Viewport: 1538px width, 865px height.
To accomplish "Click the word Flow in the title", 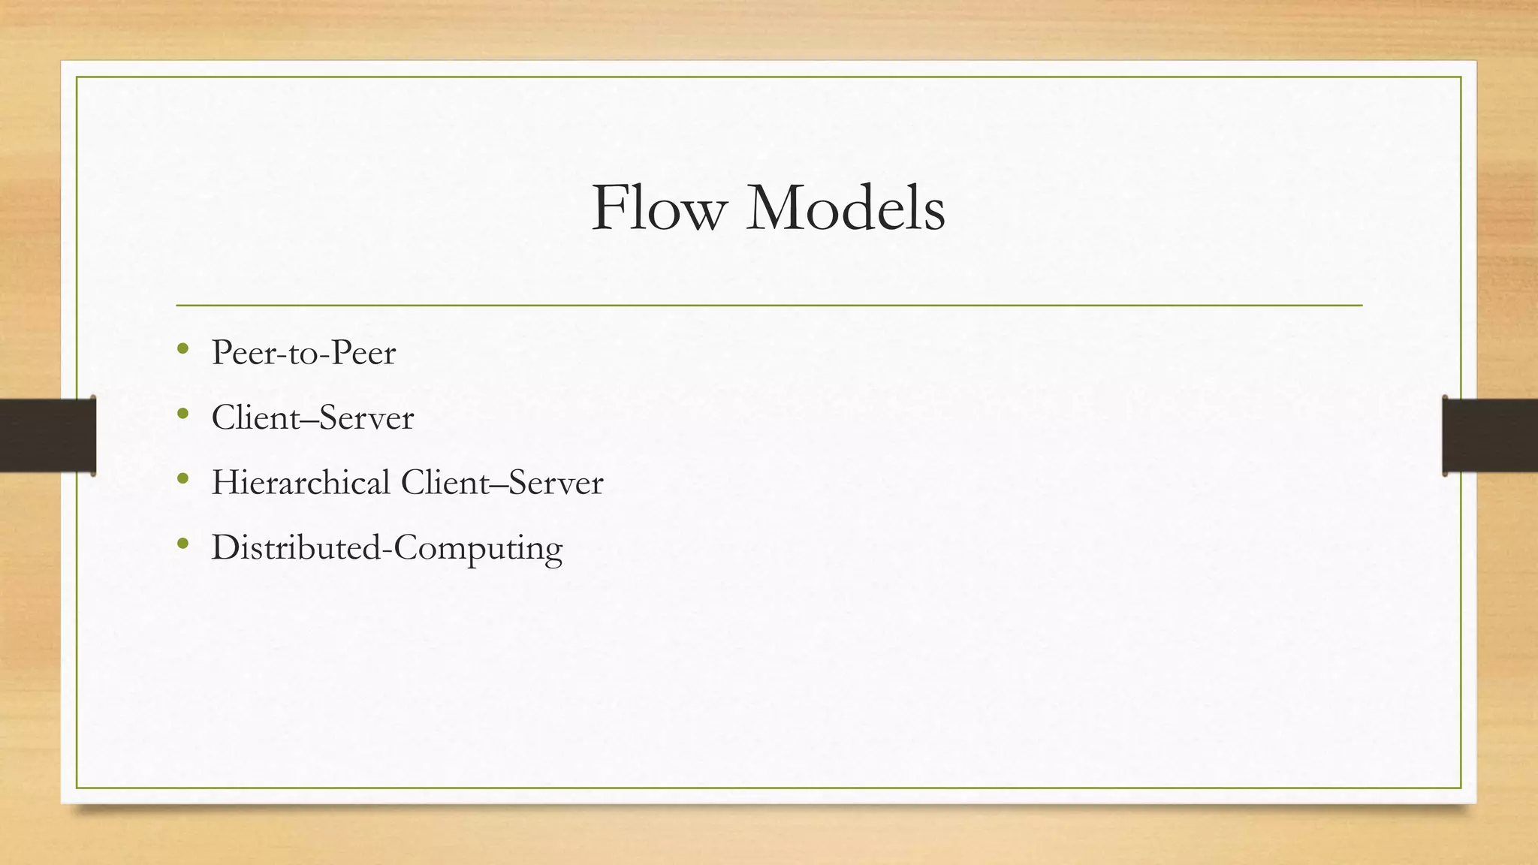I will point(659,208).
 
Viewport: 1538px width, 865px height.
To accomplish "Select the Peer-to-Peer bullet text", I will point(303,353).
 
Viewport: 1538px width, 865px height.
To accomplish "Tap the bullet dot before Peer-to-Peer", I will point(182,348).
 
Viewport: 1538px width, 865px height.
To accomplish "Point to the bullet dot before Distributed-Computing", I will point(182,543).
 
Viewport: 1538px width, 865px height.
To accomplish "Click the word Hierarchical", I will point(301,482).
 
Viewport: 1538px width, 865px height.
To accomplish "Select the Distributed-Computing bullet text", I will point(387,547).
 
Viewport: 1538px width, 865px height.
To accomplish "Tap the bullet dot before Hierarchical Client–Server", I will point(182,478).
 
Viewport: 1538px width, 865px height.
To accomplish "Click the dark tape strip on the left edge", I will point(47,436).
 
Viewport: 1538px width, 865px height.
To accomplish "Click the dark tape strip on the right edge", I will point(1490,436).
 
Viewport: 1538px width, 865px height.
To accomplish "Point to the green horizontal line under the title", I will point(769,306).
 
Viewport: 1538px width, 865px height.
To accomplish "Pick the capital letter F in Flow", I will point(609,208).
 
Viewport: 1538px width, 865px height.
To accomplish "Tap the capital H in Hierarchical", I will point(225,482).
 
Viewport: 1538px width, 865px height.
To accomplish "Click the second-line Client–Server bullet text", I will point(312,417).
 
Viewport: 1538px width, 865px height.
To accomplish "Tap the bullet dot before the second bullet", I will point(182,413).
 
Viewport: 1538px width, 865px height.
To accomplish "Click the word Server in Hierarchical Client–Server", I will point(556,482).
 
